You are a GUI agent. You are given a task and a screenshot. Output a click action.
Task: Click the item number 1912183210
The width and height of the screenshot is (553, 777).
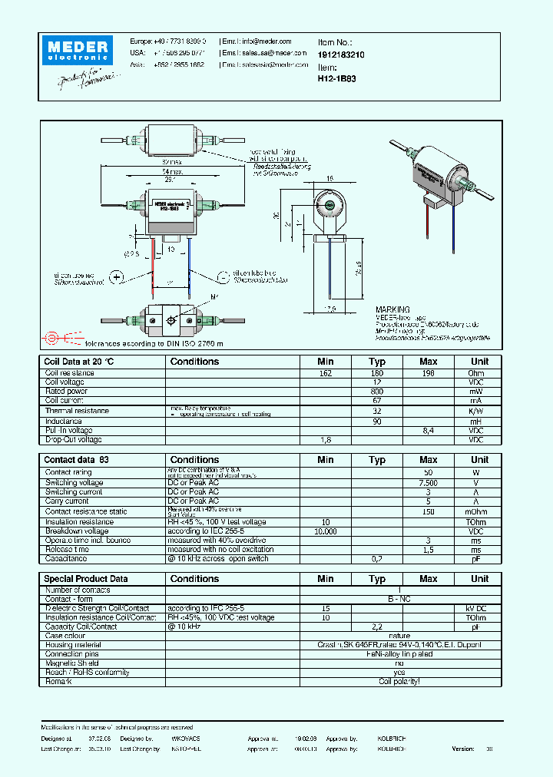(x=341, y=56)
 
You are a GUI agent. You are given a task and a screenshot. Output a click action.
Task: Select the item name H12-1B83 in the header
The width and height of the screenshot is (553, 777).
(x=335, y=78)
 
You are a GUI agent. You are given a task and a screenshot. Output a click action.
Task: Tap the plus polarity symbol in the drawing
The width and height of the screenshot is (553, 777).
(x=117, y=277)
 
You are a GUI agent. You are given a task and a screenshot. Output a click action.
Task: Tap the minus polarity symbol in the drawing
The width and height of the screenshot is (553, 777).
(x=223, y=277)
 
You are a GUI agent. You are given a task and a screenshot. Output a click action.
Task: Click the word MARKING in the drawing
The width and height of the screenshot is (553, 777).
(x=392, y=309)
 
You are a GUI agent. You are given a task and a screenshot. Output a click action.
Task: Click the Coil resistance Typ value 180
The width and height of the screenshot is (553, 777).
(x=376, y=373)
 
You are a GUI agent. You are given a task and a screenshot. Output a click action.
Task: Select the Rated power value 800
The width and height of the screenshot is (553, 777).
(x=376, y=392)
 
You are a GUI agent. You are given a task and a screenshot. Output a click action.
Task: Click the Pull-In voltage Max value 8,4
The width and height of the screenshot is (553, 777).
(x=428, y=431)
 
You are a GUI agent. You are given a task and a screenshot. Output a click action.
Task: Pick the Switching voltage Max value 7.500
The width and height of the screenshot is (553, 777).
(x=428, y=482)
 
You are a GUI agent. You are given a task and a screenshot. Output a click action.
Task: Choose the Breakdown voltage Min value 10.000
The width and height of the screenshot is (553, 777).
(x=325, y=531)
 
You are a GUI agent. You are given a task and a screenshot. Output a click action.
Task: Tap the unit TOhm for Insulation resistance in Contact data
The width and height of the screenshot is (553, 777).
(x=479, y=522)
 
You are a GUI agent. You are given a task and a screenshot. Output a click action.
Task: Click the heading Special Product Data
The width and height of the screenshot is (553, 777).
(x=86, y=579)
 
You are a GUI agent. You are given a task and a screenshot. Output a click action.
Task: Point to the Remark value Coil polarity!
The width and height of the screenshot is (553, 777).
(x=399, y=682)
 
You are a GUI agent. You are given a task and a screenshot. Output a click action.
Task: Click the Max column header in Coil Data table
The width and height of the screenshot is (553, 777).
(x=428, y=362)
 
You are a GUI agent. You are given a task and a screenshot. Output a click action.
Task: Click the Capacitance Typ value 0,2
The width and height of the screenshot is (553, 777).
(x=376, y=559)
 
